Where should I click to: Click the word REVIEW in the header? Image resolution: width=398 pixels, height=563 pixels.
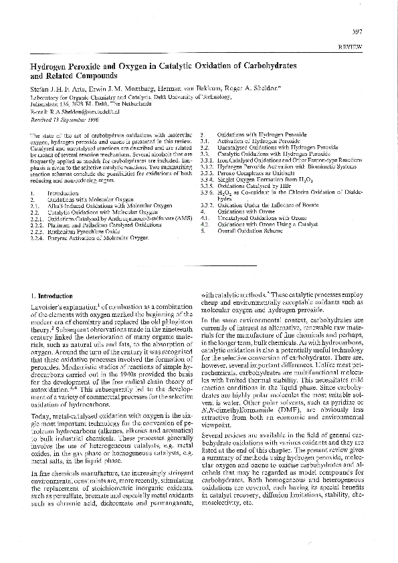pos(351,48)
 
